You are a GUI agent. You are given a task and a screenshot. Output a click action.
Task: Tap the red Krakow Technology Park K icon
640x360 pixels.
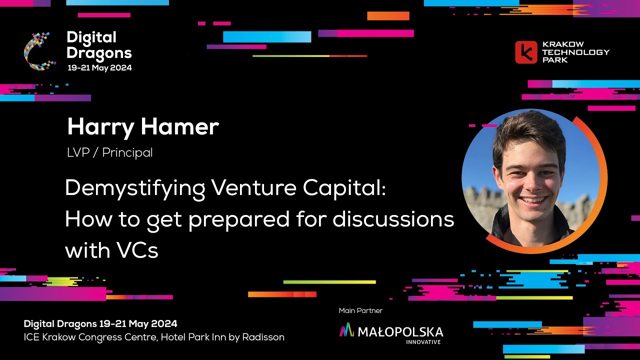[525, 52]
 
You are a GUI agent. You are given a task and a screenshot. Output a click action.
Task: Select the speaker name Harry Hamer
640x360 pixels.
[143, 127]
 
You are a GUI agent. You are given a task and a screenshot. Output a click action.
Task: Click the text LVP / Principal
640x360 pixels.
[109, 152]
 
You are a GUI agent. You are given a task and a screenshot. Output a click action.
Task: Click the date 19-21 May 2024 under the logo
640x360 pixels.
[99, 67]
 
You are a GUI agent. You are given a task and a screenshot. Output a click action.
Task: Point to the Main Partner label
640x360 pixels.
[360, 310]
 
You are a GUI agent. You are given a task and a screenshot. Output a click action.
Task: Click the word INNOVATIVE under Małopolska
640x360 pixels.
[423, 342]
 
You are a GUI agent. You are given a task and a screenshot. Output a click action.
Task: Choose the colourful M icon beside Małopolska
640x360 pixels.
[346, 330]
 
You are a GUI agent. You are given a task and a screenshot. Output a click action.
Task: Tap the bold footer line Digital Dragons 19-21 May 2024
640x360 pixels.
[100, 323]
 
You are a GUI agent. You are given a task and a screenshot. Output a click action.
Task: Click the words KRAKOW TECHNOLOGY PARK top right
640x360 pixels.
[575, 52]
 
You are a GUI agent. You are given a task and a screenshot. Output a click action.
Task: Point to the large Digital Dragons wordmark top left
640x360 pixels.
[99, 45]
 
